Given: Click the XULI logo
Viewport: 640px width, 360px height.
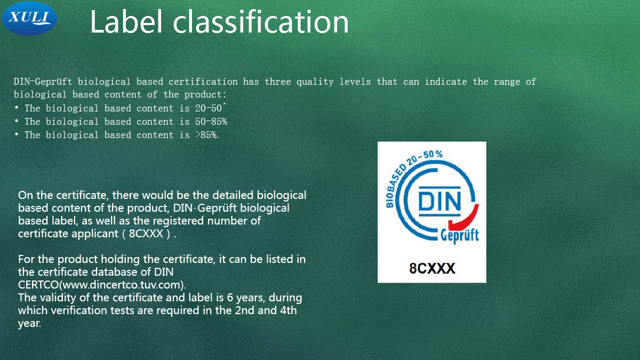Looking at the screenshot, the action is click(x=29, y=18).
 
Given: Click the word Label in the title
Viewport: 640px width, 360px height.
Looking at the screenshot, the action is click(x=126, y=21).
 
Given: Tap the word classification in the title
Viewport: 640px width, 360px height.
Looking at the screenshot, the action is click(x=261, y=21).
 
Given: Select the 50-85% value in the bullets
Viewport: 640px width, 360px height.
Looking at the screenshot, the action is click(x=211, y=122).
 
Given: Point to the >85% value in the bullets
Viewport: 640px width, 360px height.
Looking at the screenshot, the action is click(x=207, y=135).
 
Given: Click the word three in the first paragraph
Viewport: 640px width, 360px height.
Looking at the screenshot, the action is click(x=277, y=82).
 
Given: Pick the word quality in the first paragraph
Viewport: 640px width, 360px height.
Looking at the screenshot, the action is click(x=315, y=82).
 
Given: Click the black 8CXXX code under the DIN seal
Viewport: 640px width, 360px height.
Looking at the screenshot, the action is click(x=432, y=268).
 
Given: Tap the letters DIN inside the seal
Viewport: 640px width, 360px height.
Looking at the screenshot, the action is click(x=439, y=201).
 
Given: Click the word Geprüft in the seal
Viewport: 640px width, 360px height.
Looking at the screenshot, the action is click(x=459, y=236).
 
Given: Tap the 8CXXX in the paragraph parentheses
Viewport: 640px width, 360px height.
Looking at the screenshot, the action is click(x=146, y=234).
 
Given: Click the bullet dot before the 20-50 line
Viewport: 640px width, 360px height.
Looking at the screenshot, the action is click(x=17, y=108).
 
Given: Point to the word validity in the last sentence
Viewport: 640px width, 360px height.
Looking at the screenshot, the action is click(x=58, y=298).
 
